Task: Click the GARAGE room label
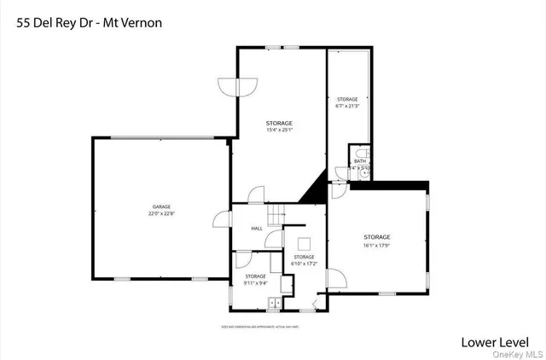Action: point(162,207)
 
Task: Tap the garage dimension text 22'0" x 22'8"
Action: point(162,214)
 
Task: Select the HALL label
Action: point(257,229)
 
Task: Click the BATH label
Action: point(360,160)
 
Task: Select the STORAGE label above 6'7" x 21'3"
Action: point(347,100)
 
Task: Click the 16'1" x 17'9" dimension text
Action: point(377,245)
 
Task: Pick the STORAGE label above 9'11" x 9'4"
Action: point(256,276)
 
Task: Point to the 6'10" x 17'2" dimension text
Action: point(305,264)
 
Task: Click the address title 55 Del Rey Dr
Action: point(52,22)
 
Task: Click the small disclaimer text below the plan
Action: point(271,328)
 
